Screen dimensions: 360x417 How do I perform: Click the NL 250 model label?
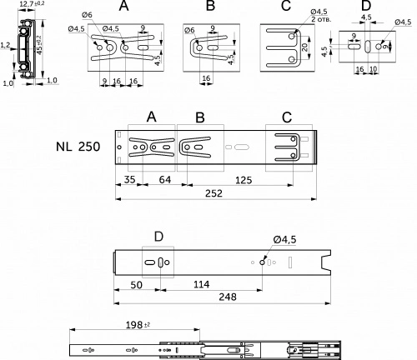tap(78, 147)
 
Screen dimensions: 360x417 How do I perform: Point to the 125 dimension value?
tap(244, 177)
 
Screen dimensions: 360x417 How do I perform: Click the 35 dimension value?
tap(128, 177)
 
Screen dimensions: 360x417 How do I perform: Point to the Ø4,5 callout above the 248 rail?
tap(284, 241)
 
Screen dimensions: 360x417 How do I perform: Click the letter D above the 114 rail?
tap(158, 237)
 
